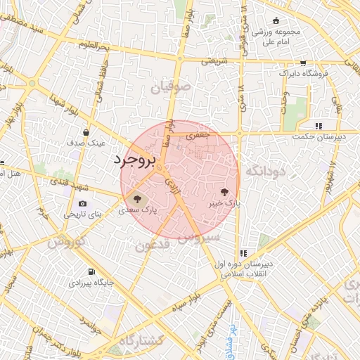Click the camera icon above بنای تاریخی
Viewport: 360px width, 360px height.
tap(83, 204)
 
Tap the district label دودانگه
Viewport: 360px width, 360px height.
tap(265, 171)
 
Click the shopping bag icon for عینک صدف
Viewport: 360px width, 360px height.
tap(86, 131)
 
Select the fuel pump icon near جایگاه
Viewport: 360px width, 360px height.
tap(91, 272)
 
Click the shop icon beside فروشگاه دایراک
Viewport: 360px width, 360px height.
tap(303, 61)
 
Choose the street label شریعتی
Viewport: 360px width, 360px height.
tap(215, 61)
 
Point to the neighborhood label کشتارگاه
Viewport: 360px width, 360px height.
tap(141, 340)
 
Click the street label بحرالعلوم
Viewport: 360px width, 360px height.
tap(96, 46)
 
